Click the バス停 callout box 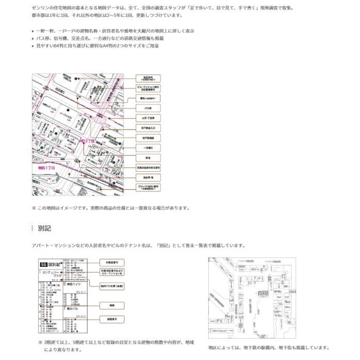pyautogui.click(x=148, y=108)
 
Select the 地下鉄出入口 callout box pyautogui.click(x=148, y=128)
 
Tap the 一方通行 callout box pyautogui.click(x=148, y=148)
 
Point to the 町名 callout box pyautogui.click(x=148, y=157)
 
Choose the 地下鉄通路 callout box pyautogui.click(x=148, y=138)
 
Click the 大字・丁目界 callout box pyautogui.click(x=148, y=118)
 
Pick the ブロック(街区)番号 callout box pyautogui.click(x=148, y=187)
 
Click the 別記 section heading pyautogui.click(x=45, y=228)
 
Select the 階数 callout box pyautogui.click(x=112, y=305)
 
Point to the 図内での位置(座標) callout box pyautogui.click(x=112, y=284)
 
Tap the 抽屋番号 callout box pyautogui.click(x=112, y=319)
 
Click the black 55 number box pyautogui.click(x=43, y=264)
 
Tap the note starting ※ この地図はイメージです pyautogui.click(x=111, y=208)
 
